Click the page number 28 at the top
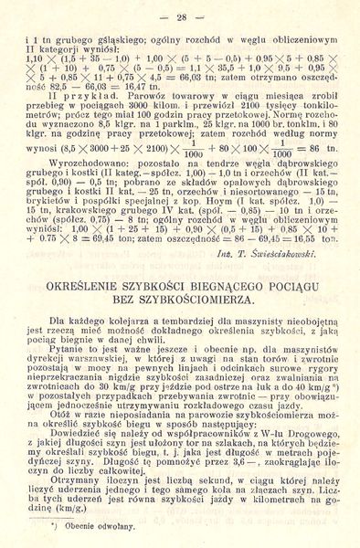point(180,16)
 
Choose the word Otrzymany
point(79,479)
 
